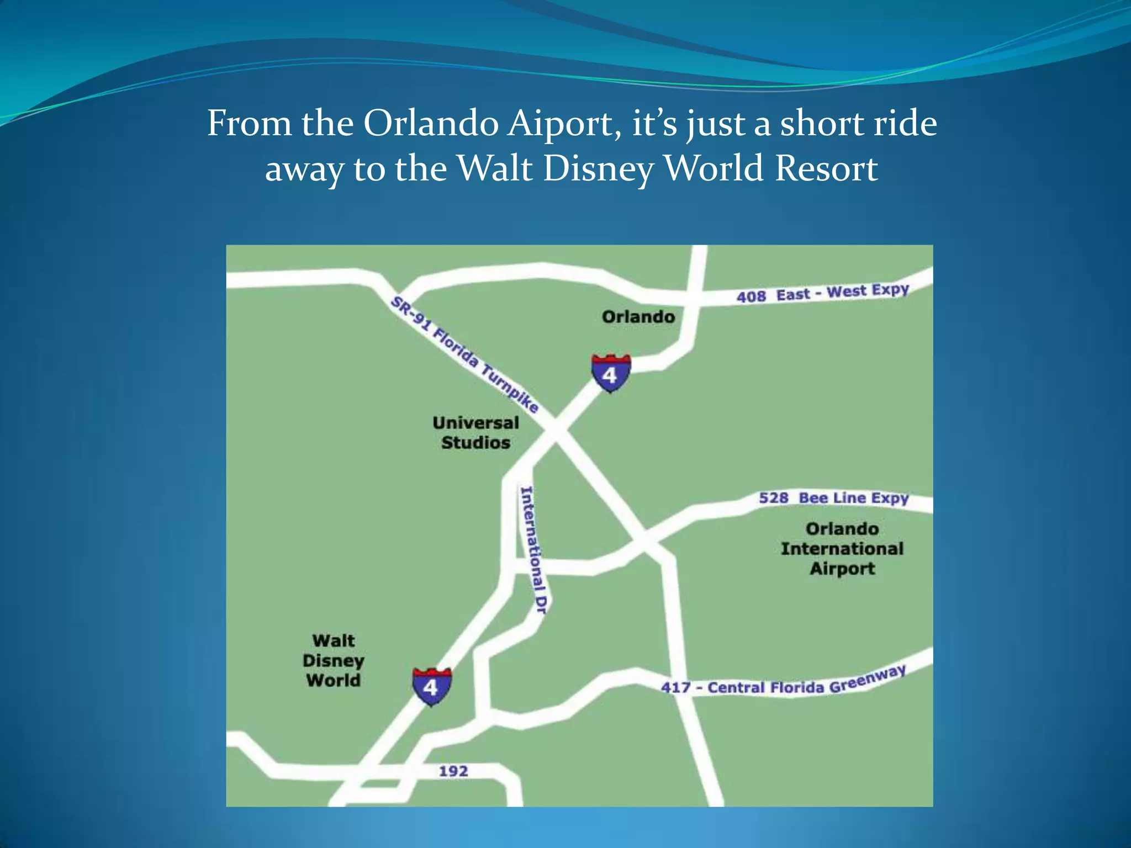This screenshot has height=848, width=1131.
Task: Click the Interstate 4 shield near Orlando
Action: (x=610, y=374)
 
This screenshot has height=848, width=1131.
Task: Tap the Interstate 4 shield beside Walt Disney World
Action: (x=431, y=686)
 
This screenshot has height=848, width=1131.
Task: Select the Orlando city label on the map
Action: (x=638, y=317)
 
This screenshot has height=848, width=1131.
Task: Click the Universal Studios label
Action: (x=475, y=433)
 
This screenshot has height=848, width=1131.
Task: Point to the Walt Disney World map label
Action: (x=334, y=660)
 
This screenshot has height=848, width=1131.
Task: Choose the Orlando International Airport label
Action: (x=842, y=549)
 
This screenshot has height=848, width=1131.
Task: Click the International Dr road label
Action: (x=533, y=550)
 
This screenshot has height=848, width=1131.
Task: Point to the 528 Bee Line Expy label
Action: (x=833, y=498)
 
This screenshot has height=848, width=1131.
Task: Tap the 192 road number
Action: (x=453, y=771)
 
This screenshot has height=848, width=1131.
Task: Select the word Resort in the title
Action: (x=826, y=168)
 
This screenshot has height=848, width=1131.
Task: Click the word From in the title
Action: (x=250, y=123)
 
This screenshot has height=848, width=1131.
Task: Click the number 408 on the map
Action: (x=751, y=296)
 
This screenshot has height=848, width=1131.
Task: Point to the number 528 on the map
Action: (x=773, y=498)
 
